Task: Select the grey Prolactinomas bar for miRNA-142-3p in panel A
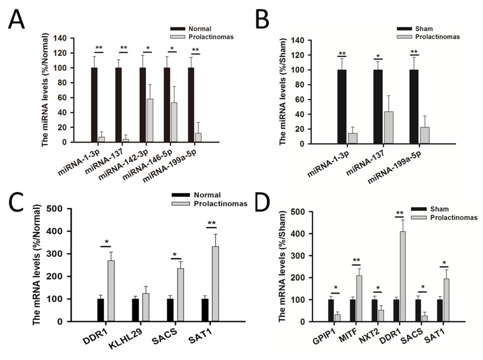[x=150, y=121]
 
